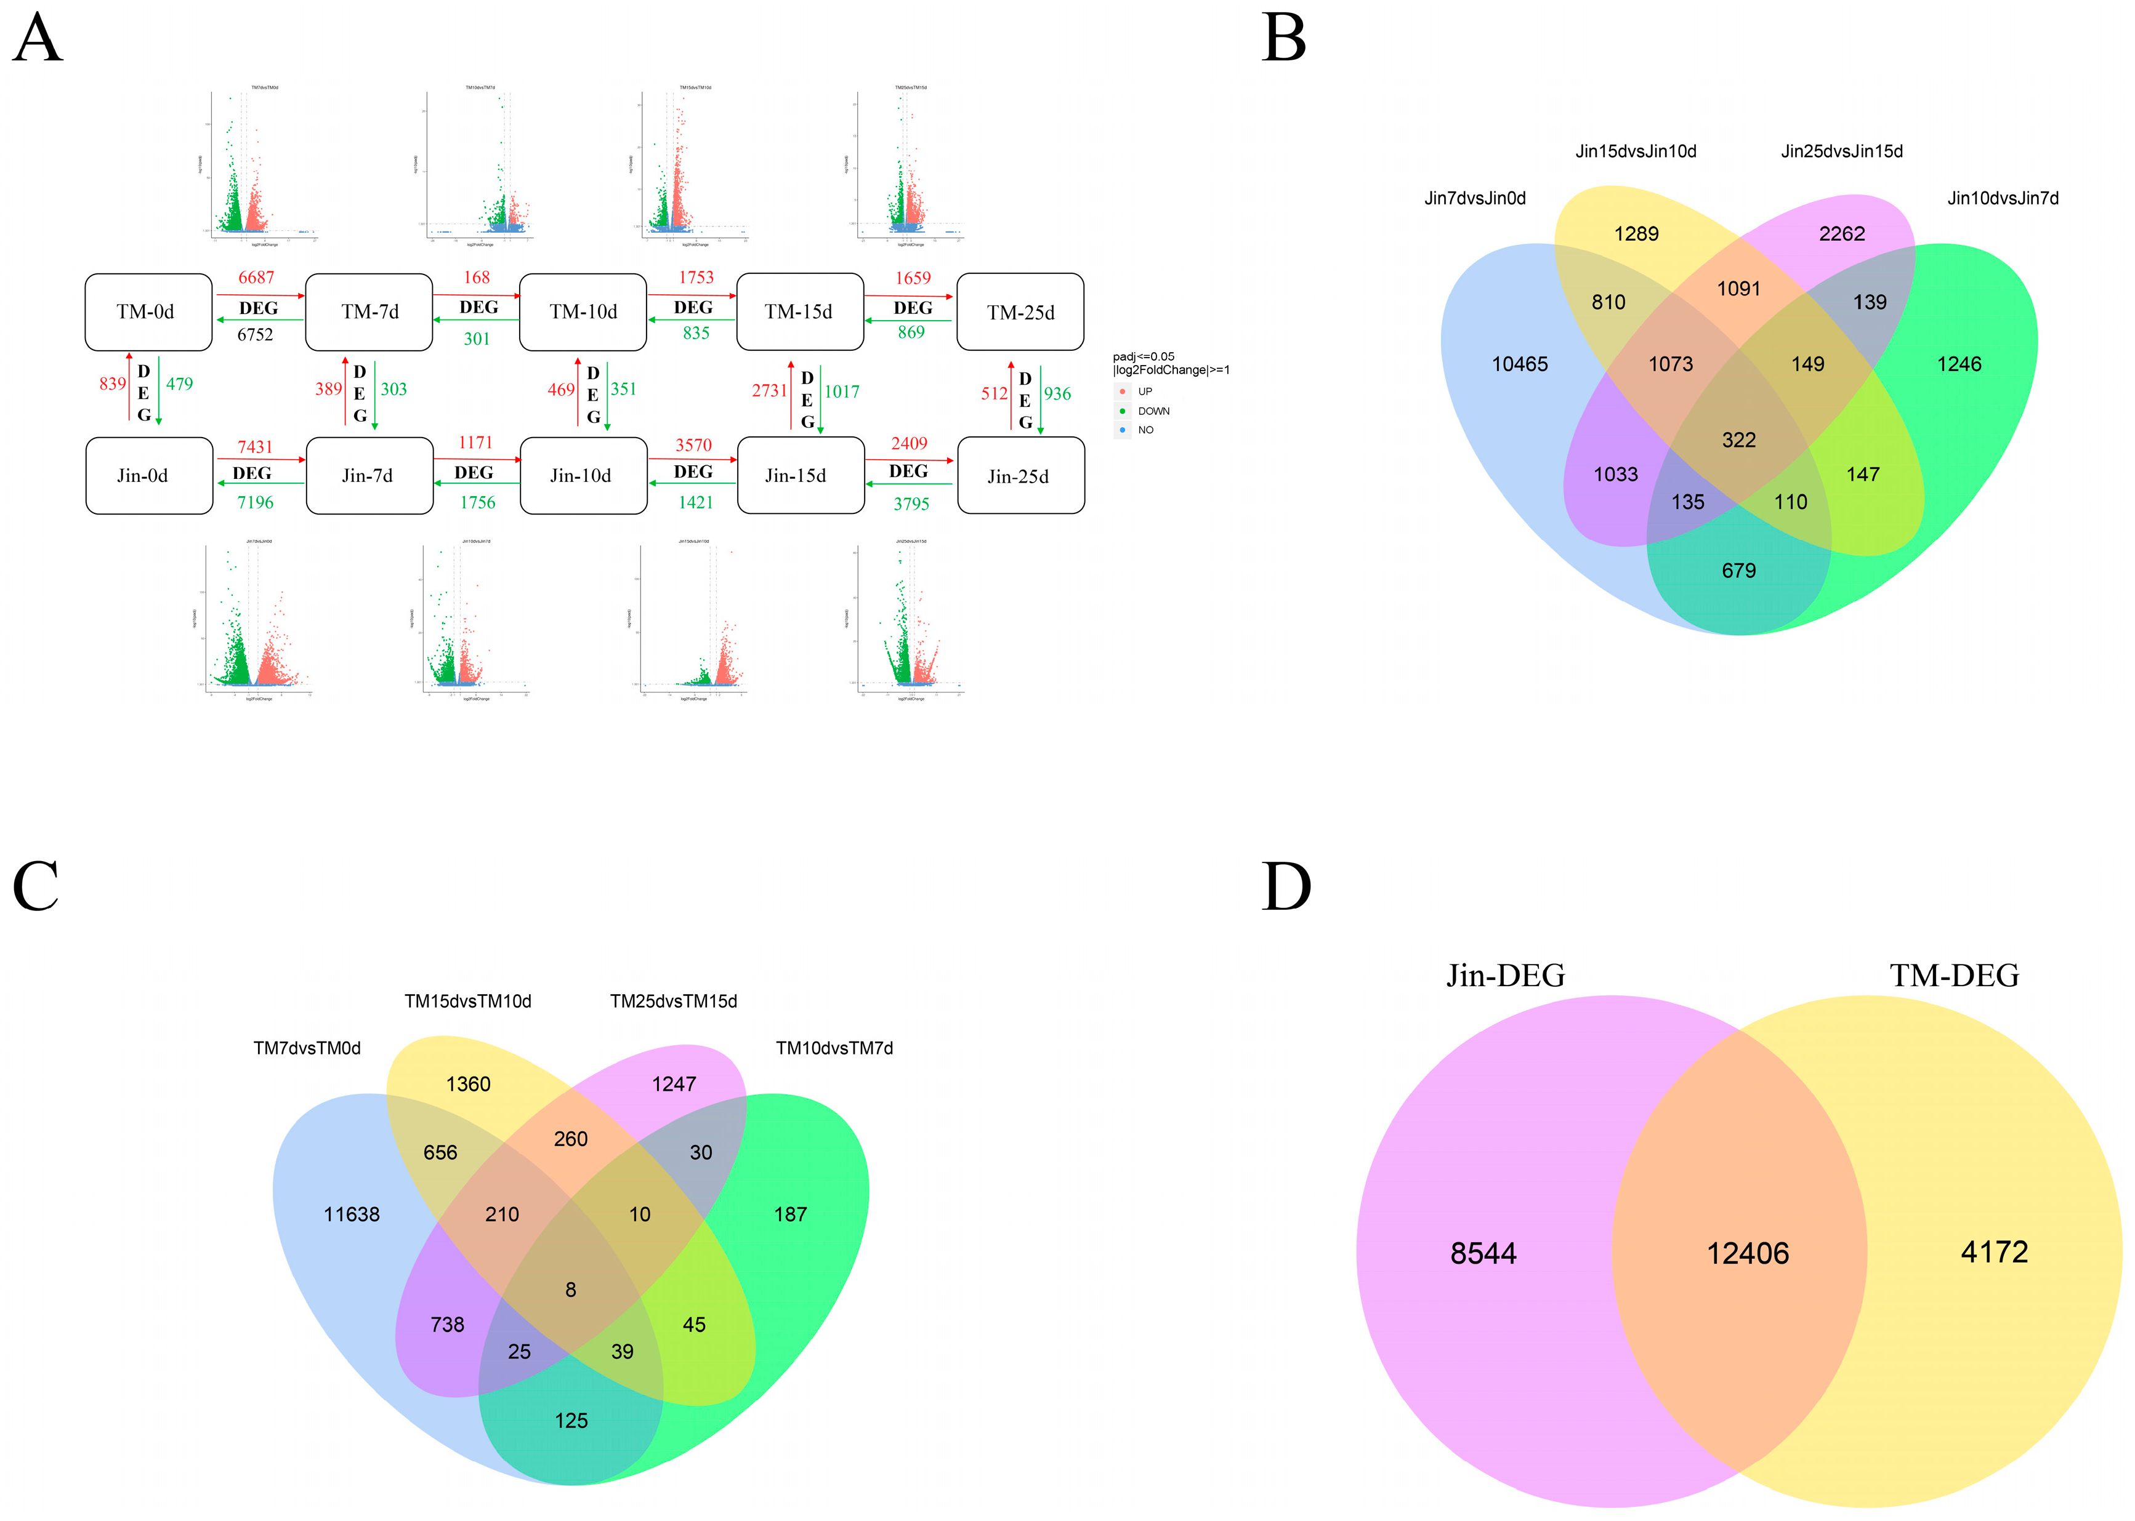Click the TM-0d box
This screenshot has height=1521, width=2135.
[x=148, y=312]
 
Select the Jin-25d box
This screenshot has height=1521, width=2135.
[x=1020, y=476]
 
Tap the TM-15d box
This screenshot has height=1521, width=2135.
[x=799, y=312]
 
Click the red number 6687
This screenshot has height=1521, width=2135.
[x=256, y=277]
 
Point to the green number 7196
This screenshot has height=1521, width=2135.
[x=255, y=503]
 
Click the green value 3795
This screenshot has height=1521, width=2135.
[x=911, y=504]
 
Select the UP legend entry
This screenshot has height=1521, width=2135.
[x=1144, y=391]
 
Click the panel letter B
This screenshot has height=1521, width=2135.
[x=1283, y=39]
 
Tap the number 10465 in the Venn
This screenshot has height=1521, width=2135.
[x=1520, y=364]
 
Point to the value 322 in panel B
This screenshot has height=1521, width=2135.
[x=1738, y=440]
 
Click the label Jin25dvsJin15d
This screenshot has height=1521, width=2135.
[x=1841, y=151]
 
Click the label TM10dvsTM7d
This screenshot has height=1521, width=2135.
[x=834, y=1048]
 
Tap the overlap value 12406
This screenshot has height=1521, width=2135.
[x=1747, y=1253]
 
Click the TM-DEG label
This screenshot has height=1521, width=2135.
[x=1953, y=976]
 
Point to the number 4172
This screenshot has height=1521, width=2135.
[x=1993, y=1252]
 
